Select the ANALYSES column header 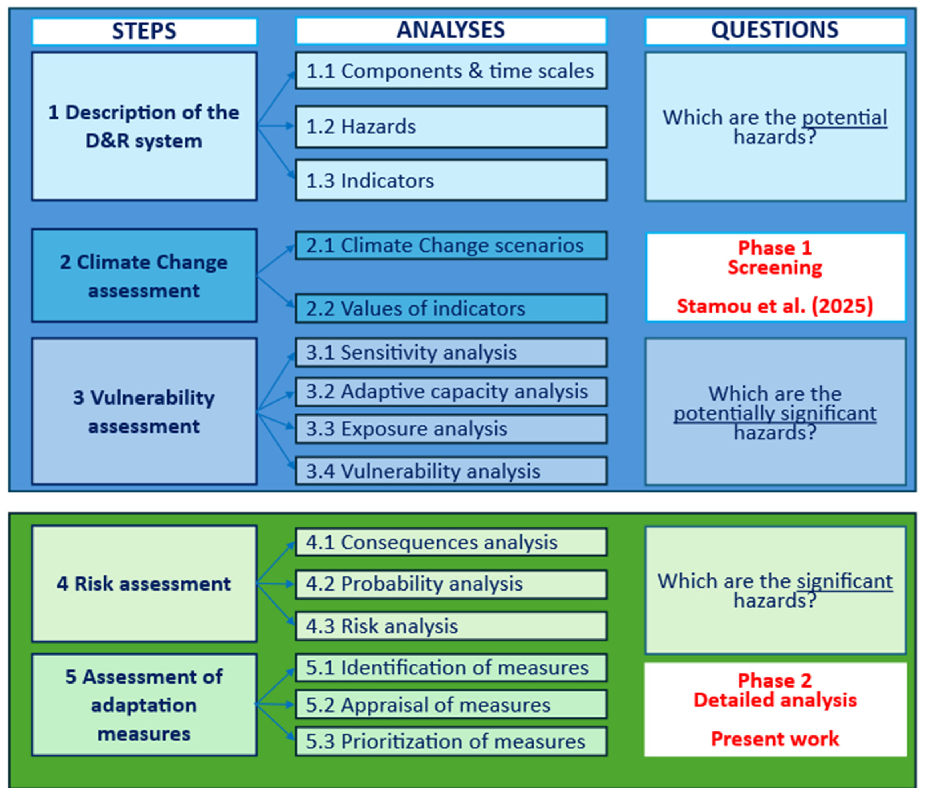pos(451,31)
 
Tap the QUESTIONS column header pos(775,31)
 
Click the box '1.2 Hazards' pos(451,126)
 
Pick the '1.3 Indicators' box pos(451,180)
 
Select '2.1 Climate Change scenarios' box pos(451,245)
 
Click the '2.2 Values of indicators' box pos(451,308)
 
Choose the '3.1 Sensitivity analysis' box pos(451,352)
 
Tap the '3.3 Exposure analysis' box pos(451,429)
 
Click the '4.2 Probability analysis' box pos(451,584)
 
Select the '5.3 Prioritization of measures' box pos(451,741)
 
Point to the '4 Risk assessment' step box pos(144,584)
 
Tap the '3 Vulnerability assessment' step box pos(144,411)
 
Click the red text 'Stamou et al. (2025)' pos(775,306)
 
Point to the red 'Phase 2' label pos(775,680)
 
